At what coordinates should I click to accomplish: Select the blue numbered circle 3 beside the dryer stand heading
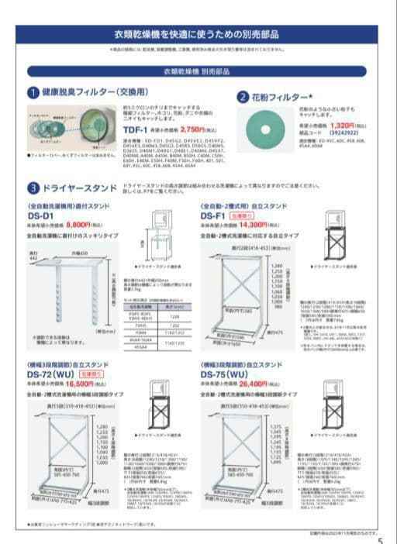(34, 188)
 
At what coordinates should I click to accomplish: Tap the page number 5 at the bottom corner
(379, 539)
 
